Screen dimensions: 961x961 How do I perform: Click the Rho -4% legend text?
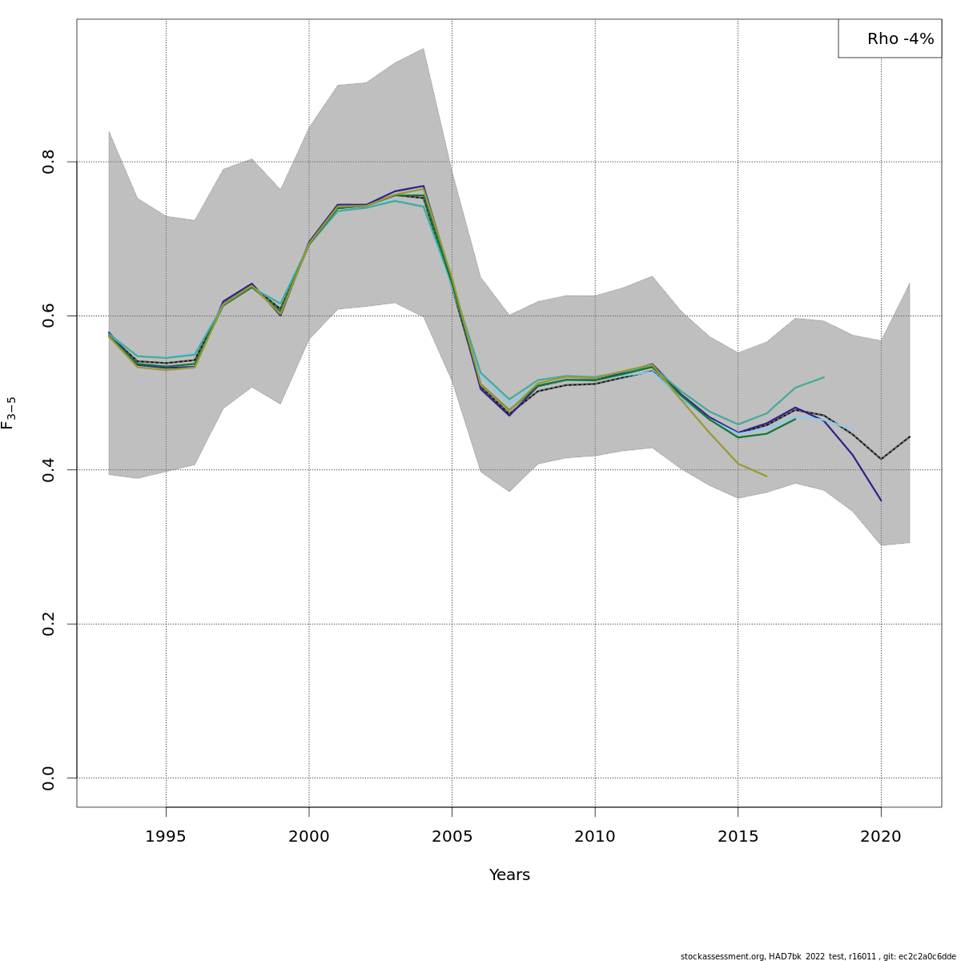900,39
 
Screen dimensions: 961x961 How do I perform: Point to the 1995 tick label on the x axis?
166,837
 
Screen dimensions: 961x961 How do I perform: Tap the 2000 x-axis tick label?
309,837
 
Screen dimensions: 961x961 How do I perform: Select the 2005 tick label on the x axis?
452,837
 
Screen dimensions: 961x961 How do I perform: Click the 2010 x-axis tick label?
595,837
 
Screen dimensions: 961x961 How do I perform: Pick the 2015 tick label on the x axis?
738,837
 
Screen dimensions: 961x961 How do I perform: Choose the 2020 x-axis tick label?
881,837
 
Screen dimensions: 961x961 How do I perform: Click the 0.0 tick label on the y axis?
49,778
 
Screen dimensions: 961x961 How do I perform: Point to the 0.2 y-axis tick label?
49,624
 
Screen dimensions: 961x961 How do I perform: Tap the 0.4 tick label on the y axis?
49,470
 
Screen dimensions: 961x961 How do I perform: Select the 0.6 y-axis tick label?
49,316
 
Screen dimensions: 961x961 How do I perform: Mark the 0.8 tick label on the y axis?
49,162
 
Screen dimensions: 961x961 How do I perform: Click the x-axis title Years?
509,875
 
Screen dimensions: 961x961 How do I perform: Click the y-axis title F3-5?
9,412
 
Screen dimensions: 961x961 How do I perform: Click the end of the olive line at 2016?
766,476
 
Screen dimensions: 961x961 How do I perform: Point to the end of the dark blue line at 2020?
881,501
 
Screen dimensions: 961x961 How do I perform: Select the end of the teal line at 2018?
824,377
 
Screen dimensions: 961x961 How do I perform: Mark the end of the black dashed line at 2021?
910,436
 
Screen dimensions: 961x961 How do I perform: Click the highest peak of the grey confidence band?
424,49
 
